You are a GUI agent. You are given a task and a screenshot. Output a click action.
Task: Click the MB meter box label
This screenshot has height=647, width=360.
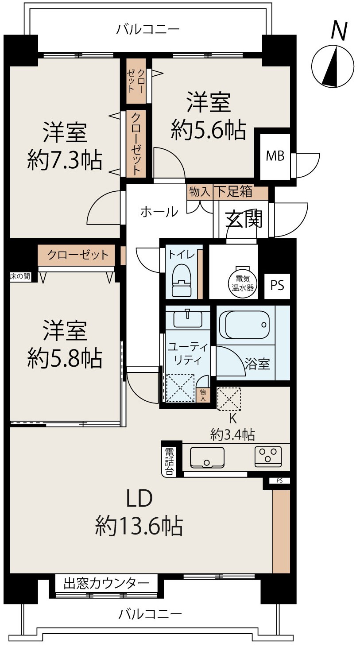pos(275,156)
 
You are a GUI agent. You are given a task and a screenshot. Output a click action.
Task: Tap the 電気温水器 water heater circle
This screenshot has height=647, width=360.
pos(243,283)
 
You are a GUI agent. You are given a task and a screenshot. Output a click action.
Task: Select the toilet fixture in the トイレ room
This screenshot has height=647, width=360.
pos(182,280)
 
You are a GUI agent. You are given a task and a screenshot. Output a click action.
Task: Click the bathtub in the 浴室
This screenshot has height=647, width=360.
pos(244,325)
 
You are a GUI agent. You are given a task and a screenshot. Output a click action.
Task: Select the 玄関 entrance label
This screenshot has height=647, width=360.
pos(244,219)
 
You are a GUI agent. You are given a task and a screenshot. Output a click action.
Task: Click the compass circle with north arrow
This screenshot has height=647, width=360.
pos(333,66)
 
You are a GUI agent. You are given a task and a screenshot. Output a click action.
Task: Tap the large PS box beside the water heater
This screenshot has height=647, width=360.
pos(277,286)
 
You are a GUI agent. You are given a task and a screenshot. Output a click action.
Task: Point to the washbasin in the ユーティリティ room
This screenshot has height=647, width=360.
pos(188,318)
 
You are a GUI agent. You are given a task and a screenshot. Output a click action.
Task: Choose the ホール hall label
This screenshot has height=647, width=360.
pos(159,212)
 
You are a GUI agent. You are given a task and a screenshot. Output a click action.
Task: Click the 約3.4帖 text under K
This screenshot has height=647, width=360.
pos(232,434)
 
